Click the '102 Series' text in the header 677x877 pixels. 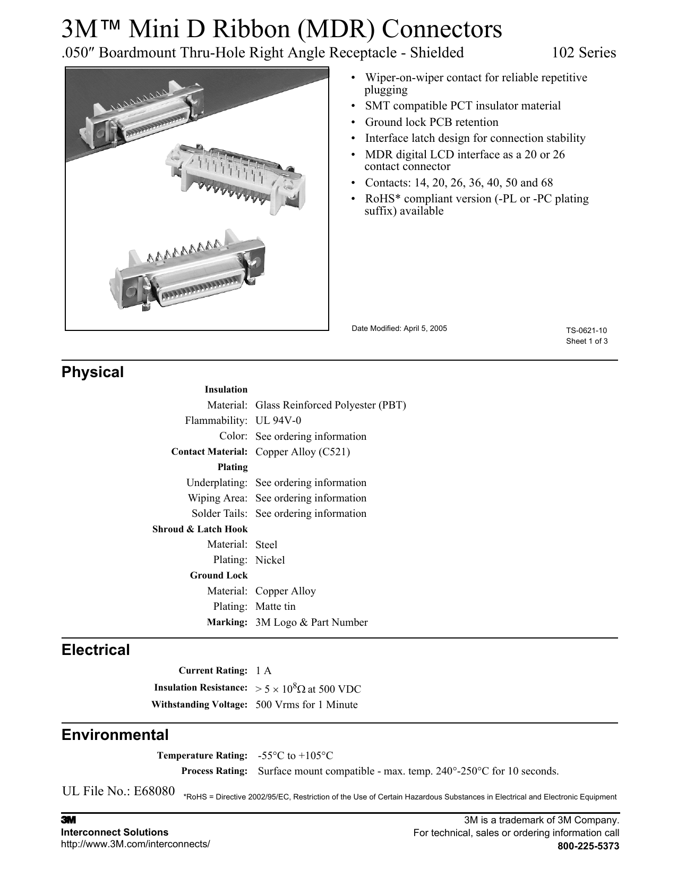coord(584,53)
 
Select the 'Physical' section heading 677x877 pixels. coord(92,372)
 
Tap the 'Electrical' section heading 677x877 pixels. coord(96,650)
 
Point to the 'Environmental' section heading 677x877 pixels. coord(115,735)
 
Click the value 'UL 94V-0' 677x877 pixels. coord(278,421)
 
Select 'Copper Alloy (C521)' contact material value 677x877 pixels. coord(303,452)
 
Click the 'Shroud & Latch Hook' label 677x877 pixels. coord(200,529)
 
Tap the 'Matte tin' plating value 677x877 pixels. coord(276,606)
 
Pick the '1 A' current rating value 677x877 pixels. coord(263,670)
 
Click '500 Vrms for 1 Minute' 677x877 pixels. coord(306,704)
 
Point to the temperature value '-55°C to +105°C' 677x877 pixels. coord(295,755)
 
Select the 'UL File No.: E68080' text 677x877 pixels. coord(118,791)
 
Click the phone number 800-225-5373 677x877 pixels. coord(588,846)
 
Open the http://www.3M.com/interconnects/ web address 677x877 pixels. coord(135,844)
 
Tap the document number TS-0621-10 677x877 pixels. coord(586,331)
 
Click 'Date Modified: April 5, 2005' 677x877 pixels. coord(399,328)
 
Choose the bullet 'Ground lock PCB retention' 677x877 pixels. coord(431,122)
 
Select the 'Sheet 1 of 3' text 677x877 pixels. coord(586,341)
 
